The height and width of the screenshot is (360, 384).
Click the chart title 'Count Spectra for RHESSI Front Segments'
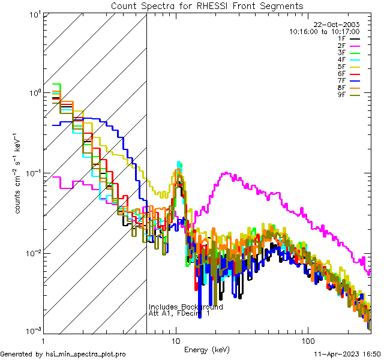tap(207, 6)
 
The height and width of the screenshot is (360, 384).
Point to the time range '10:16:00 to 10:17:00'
tap(324, 31)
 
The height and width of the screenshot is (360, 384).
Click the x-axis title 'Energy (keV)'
tap(206, 349)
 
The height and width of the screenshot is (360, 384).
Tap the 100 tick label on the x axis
tap(307, 340)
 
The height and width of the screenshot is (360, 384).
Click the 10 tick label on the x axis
tap(175, 340)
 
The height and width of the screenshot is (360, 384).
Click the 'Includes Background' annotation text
tap(185, 307)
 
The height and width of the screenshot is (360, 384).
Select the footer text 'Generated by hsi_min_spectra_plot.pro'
tap(64, 355)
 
